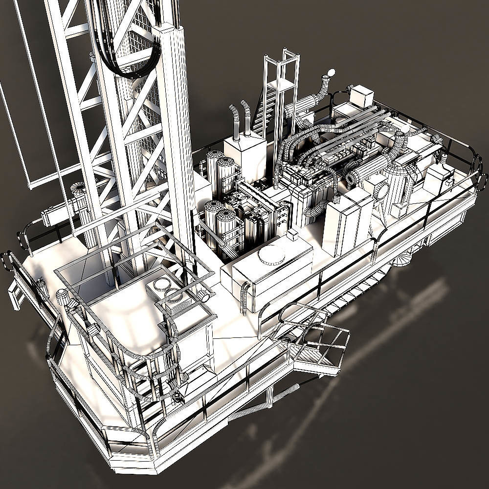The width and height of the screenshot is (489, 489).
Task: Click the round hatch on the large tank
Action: (271, 255)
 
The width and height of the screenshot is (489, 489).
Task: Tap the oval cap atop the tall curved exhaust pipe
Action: (331, 73)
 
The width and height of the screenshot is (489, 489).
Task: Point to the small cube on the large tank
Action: (292, 235)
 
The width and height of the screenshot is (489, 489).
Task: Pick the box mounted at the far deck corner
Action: (362, 96)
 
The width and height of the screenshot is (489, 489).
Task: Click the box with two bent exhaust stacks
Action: (244, 152)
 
